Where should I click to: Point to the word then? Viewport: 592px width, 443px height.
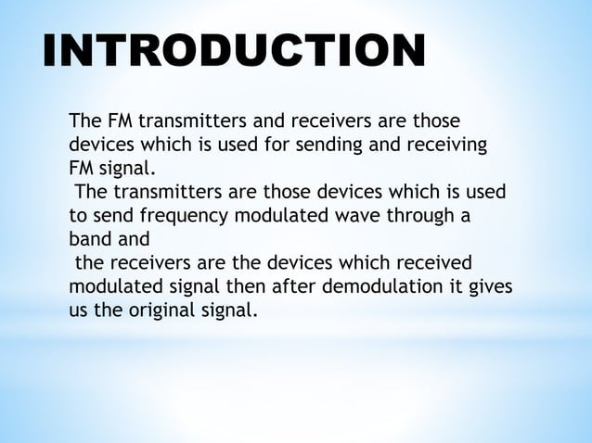237,288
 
